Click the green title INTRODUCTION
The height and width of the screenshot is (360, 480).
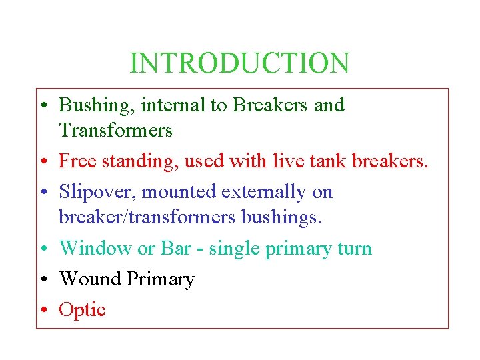click(x=239, y=63)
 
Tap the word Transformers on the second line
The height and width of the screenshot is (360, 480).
click(x=115, y=130)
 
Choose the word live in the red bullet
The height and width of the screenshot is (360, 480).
click(x=287, y=161)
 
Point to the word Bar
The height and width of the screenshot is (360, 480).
click(x=176, y=249)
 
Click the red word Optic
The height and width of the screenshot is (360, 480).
click(x=82, y=310)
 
